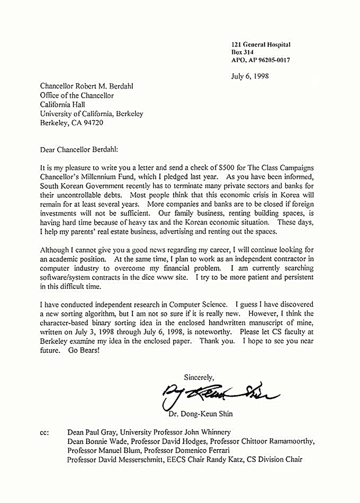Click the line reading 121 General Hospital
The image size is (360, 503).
(x=260, y=45)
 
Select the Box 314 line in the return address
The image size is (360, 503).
(x=242, y=52)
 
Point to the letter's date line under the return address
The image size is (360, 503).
(x=250, y=76)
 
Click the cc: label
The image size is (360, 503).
(x=44, y=432)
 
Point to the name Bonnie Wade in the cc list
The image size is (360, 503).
(x=106, y=441)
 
